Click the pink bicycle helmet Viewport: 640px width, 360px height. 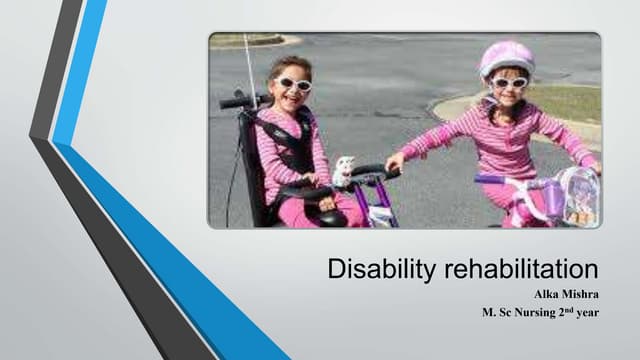click(506, 57)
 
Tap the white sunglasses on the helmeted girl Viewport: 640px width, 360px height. click(509, 82)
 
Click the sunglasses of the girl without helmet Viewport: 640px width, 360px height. click(293, 84)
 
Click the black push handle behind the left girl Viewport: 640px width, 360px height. click(233, 101)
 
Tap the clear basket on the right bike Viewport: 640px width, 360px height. click(579, 194)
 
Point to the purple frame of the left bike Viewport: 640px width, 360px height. click(383, 205)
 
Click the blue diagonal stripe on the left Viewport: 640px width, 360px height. click(150, 230)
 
